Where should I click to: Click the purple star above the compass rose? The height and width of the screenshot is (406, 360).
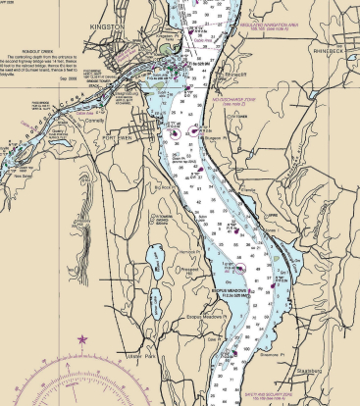pyautogui.click(x=82, y=339)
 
